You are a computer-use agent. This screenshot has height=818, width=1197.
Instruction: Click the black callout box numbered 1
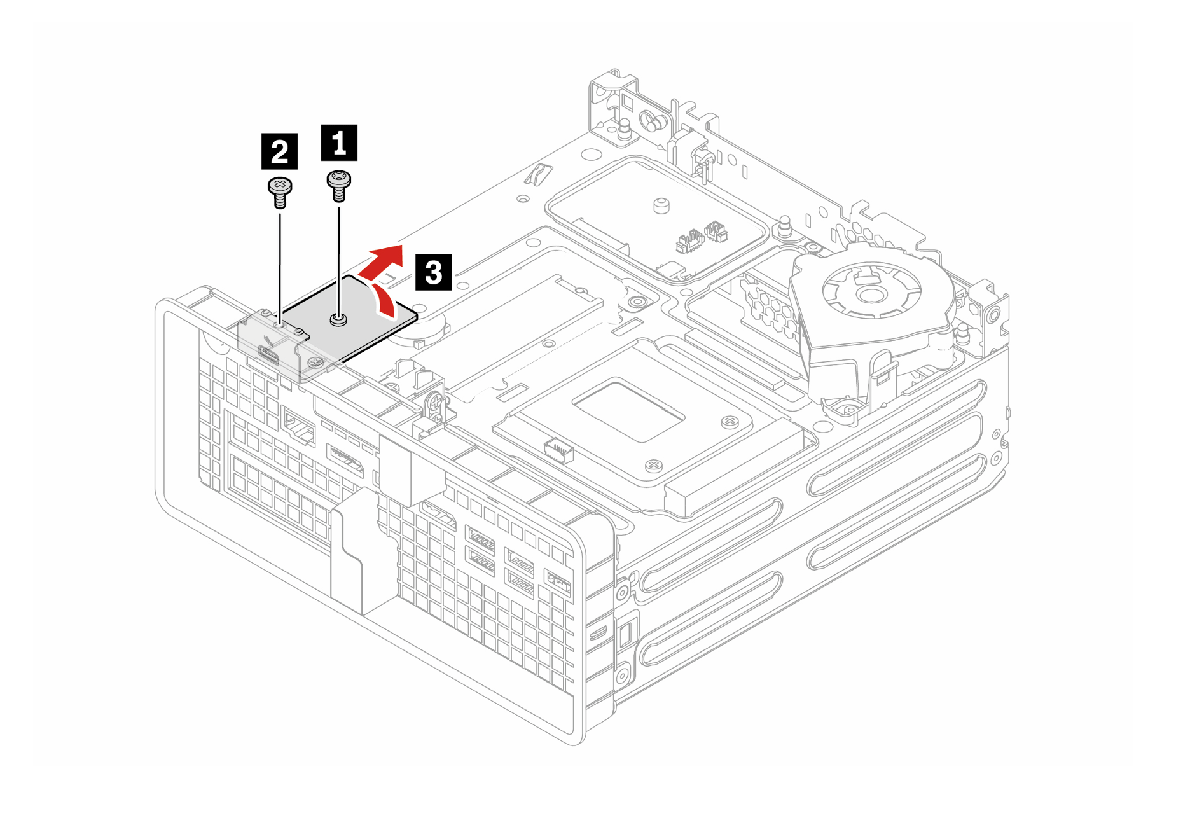click(339, 142)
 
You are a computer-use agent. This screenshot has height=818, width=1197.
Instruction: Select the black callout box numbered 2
click(279, 151)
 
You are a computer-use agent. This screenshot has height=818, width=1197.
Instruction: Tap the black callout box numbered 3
click(433, 272)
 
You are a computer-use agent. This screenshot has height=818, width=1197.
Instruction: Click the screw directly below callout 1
click(338, 185)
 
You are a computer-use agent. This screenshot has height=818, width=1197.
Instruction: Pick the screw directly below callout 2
click(280, 193)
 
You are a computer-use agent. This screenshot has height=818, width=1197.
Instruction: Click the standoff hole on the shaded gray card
click(339, 319)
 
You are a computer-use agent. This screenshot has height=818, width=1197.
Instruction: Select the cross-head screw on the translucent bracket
click(314, 363)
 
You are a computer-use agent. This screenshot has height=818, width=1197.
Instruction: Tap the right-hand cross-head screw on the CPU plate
click(730, 422)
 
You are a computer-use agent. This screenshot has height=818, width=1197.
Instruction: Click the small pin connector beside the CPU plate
click(558, 450)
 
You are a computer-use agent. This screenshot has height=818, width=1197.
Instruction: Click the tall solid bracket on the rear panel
click(347, 553)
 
